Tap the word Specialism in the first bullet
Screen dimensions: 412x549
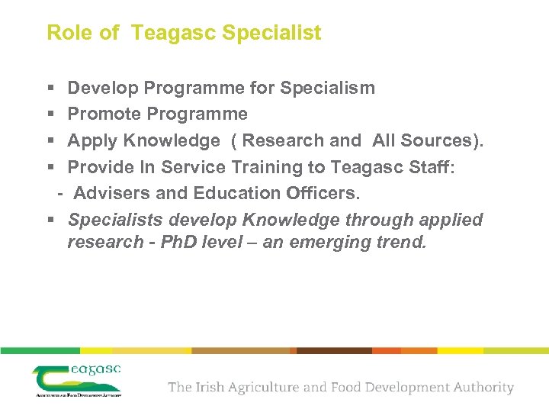[x=327, y=88]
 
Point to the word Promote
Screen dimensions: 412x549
[x=104, y=114]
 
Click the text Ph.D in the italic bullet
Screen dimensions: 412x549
[x=181, y=243]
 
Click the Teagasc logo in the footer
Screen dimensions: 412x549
[x=77, y=380]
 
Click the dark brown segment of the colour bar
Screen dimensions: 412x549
[x=334, y=350]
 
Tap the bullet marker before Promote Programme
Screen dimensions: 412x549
[x=50, y=114]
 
